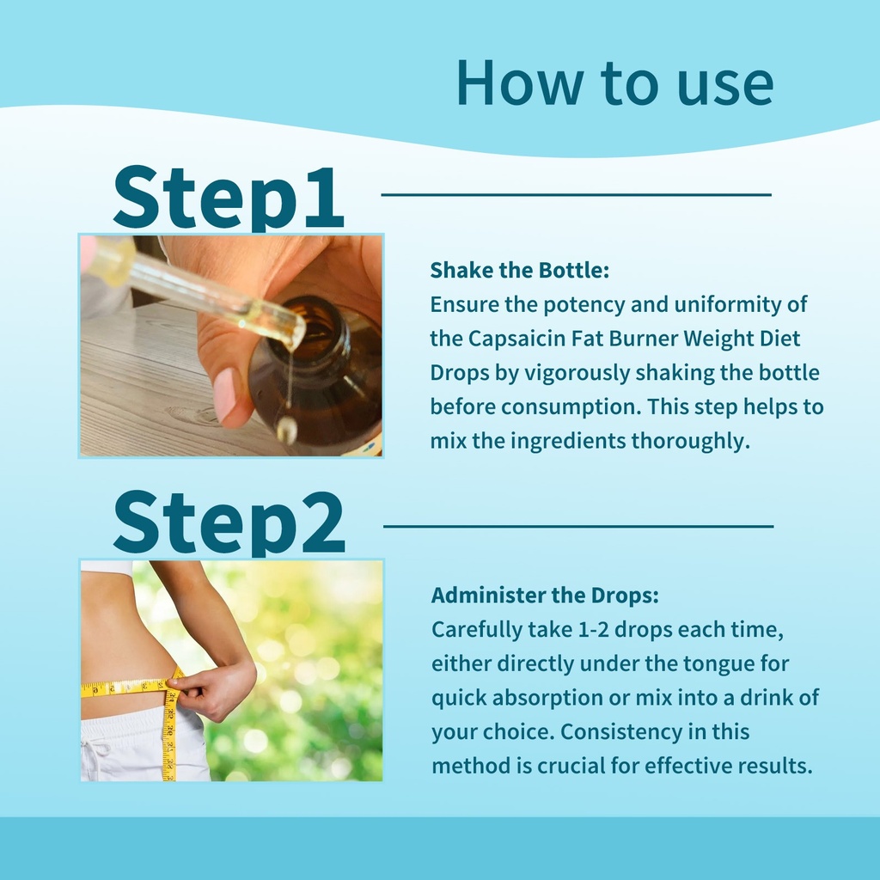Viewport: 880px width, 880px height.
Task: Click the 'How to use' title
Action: (x=615, y=83)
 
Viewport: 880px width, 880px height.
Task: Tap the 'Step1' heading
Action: (x=229, y=199)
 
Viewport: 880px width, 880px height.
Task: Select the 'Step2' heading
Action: (x=229, y=523)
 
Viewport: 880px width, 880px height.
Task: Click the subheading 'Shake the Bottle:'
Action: (x=520, y=270)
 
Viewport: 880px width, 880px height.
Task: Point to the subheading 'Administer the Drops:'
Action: (x=545, y=595)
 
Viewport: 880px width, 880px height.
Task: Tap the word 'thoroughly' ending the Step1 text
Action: (x=690, y=441)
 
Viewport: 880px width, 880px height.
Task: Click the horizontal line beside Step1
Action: (x=577, y=195)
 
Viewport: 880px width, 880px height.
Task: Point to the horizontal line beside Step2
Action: (x=578, y=527)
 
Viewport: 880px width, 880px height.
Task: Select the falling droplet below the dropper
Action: (x=287, y=429)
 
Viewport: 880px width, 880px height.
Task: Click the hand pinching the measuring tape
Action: (x=212, y=689)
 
